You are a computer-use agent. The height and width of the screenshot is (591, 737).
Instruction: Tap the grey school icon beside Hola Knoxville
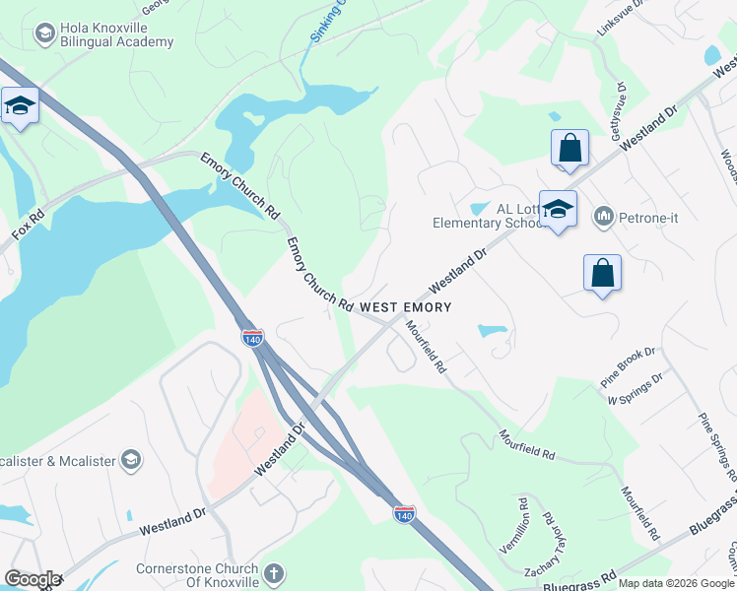point(43,33)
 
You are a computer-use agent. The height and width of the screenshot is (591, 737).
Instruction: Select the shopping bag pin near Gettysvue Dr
point(569,150)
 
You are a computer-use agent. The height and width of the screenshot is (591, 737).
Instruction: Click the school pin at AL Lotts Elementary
point(558,210)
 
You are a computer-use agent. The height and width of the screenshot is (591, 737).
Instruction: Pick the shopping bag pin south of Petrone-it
point(602,274)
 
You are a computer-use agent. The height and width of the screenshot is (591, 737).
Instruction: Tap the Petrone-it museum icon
point(603,216)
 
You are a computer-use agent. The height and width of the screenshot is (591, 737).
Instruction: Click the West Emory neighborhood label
point(405,307)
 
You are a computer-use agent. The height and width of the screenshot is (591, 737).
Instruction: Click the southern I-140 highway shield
point(403,514)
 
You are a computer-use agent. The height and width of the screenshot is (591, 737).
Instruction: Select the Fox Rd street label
point(28,228)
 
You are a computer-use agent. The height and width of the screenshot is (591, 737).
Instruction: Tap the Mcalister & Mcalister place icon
point(130,459)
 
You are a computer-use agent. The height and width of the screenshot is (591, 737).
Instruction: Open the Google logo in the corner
point(32,579)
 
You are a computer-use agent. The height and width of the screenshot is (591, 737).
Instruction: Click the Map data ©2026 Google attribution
point(676,583)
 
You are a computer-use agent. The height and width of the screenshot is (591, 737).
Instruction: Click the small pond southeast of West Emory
point(492,330)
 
